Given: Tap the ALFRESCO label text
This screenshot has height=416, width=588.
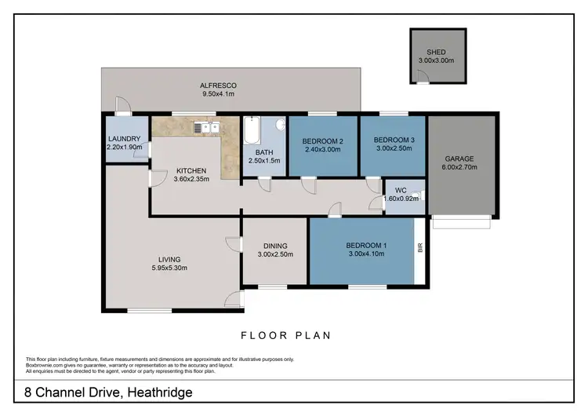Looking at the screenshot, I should pos(217,85).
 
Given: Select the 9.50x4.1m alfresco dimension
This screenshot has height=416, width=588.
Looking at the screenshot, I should pos(217,93).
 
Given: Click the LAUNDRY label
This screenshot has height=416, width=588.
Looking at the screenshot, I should pos(124,139).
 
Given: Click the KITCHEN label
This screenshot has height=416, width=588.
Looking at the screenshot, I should pos(191,170).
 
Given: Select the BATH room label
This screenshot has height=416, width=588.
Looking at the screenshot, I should pos(264,152).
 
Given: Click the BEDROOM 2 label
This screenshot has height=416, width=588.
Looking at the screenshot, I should pos(323,141).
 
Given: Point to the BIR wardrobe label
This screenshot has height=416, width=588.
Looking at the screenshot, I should pos(420,249).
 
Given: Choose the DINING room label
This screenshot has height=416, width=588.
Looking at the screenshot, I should pos(274,246).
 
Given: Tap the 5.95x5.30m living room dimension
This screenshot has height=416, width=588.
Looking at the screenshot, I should pos(169,268).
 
